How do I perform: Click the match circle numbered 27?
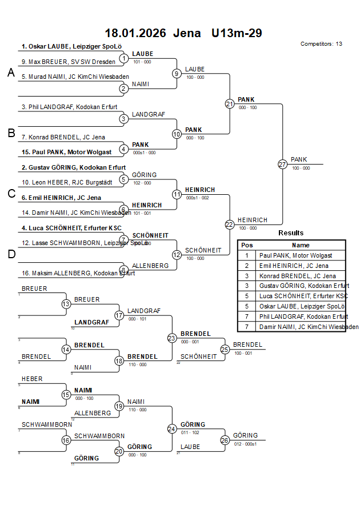pos(282,165)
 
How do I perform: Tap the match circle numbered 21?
pos(230,104)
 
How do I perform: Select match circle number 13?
pos(66,304)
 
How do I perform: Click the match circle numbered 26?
pos(225,440)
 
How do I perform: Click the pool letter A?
pos(10,73)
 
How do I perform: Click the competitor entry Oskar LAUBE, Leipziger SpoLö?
pos(71,47)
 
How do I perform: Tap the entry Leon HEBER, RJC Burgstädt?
pos(61,182)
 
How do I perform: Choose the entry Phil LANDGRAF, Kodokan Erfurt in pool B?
pos(69,107)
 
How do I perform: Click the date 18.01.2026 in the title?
pos(135,33)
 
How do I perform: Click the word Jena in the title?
pos(187,33)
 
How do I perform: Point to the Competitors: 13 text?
pos(321,44)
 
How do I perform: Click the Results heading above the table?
pos(291,233)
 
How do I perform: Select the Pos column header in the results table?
pos(247,245)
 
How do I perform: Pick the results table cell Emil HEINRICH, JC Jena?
pos(293,266)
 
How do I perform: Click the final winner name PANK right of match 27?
pos(299,159)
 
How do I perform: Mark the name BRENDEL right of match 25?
pos(247,344)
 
